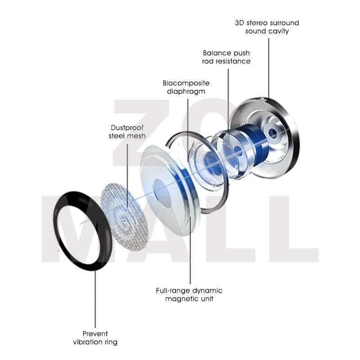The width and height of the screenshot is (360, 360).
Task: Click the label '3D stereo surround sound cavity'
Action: (267, 27)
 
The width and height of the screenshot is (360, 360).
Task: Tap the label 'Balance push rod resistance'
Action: (226, 57)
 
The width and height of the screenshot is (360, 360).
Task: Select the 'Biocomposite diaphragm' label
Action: (186, 87)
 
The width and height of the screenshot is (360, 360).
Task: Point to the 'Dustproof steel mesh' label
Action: (127, 132)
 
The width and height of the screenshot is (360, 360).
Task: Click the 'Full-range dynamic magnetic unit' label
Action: (189, 295)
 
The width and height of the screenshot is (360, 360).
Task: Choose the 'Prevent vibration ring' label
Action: (95, 338)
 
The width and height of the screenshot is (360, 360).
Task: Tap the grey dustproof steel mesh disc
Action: (125, 216)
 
